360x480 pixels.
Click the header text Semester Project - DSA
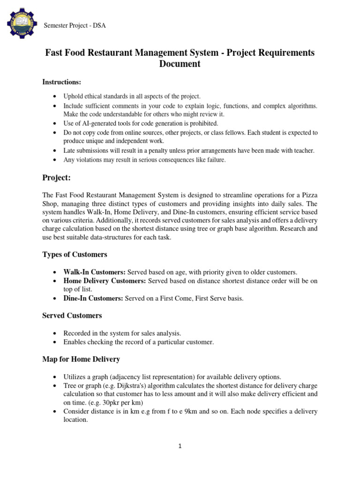75,25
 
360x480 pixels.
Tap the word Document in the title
180,64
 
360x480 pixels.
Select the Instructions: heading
62,82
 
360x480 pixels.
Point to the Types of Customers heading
75,255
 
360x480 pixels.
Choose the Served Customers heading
72,315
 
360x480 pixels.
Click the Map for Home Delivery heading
81,359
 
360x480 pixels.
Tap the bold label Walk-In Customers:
95,272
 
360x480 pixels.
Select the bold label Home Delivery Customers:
105,281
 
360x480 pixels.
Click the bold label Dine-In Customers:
94,298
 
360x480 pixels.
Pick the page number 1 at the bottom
180,446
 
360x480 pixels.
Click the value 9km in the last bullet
197,412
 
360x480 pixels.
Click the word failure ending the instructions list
216,159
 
